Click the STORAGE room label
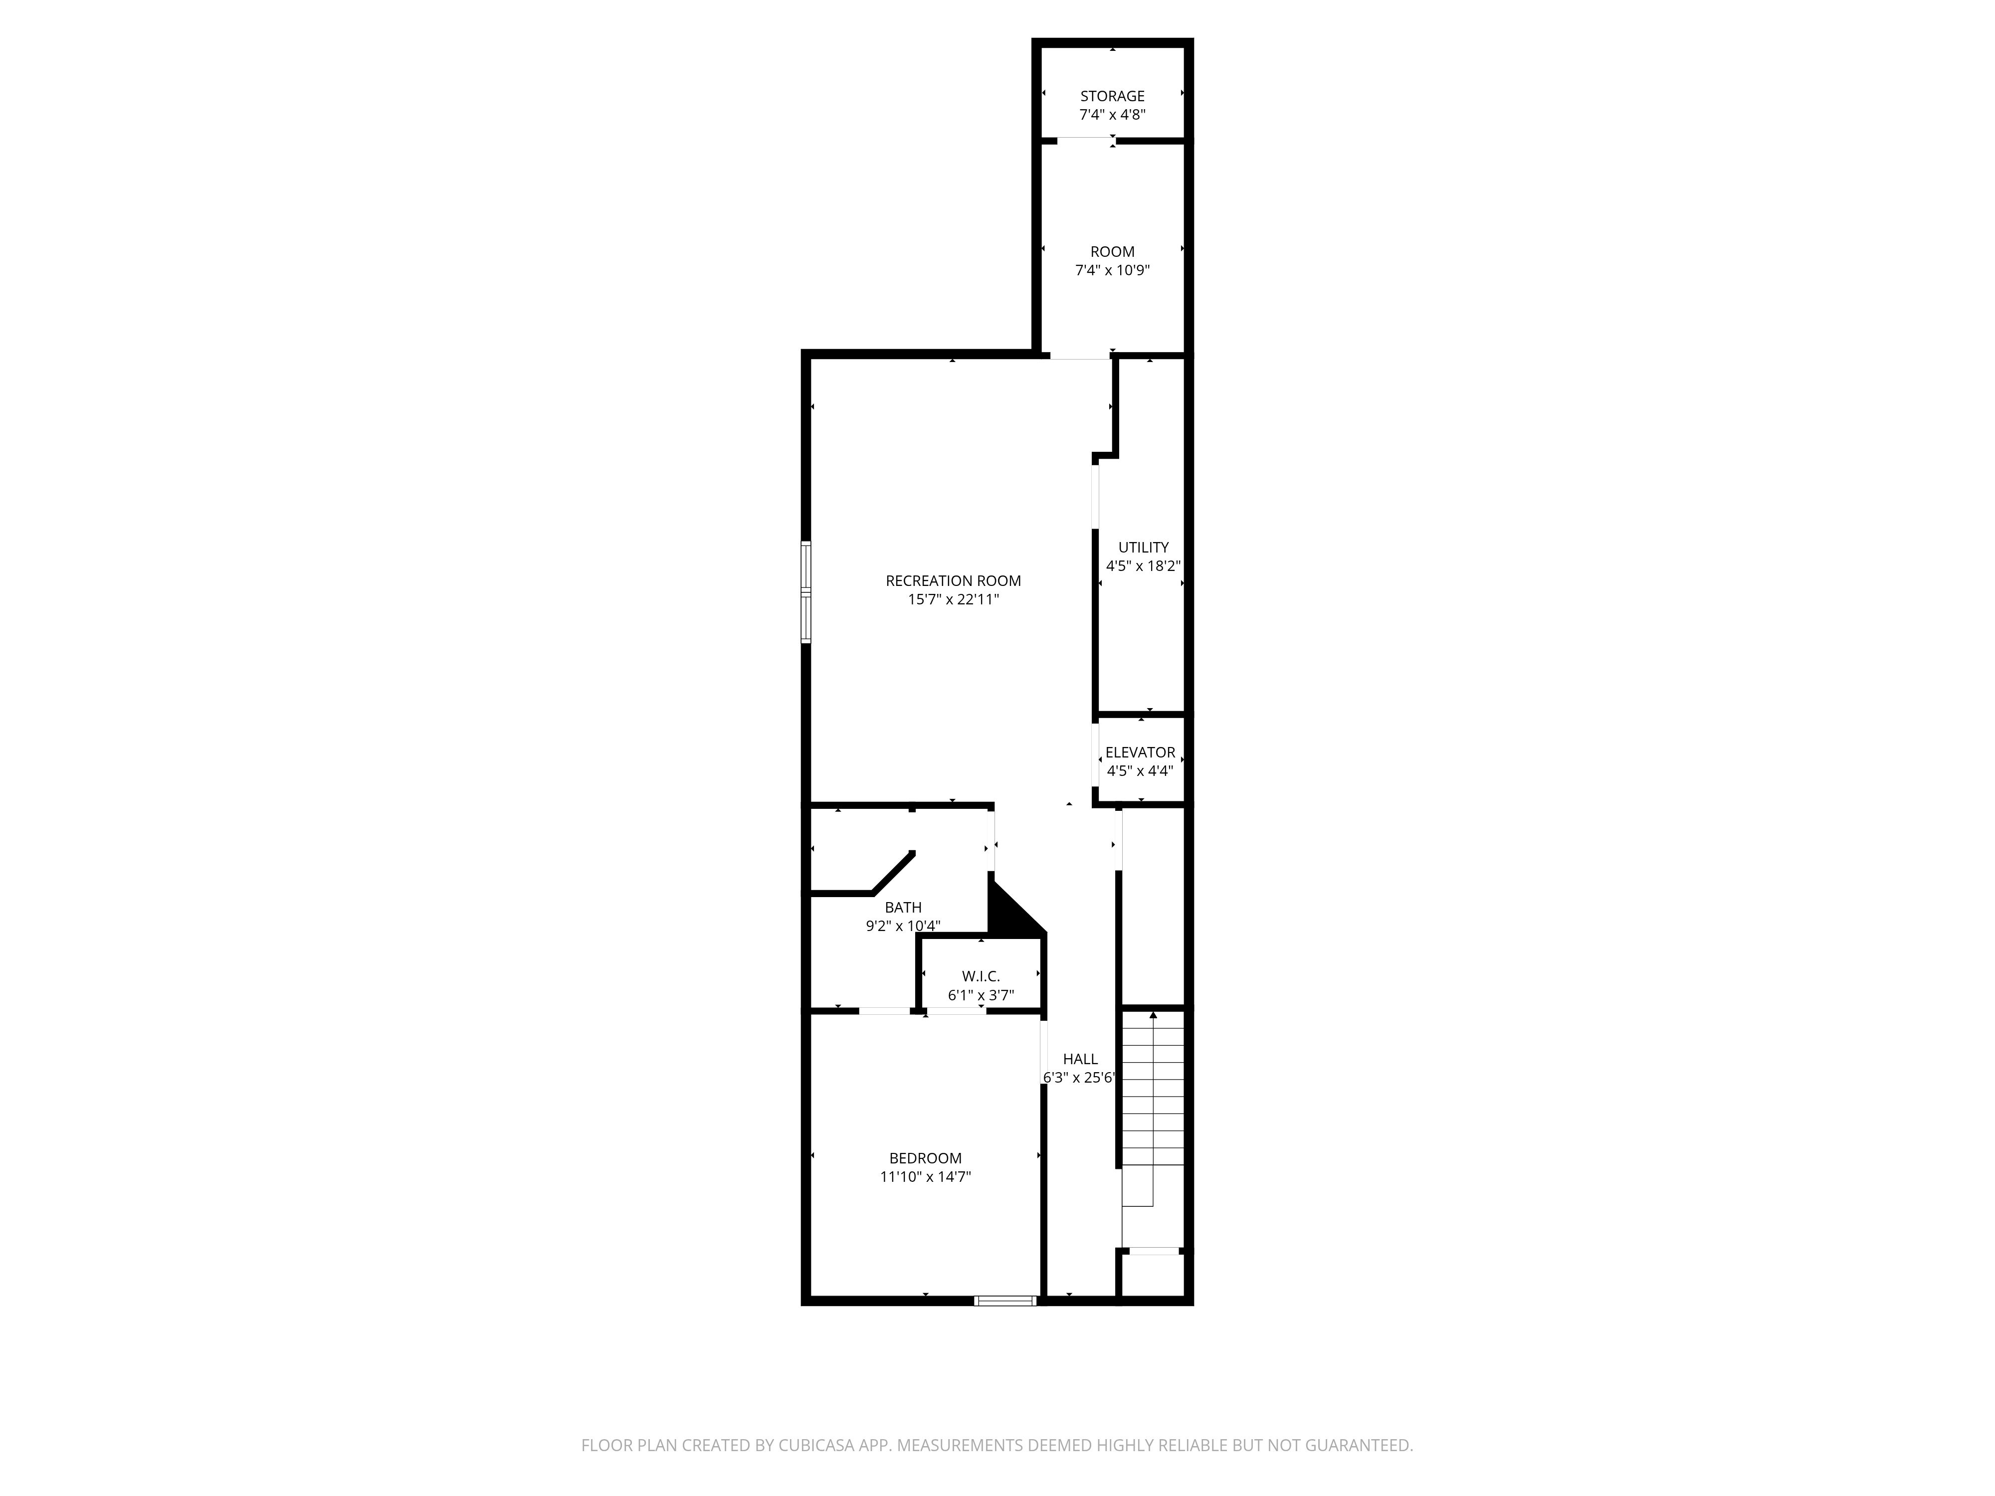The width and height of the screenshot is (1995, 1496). pos(1112,96)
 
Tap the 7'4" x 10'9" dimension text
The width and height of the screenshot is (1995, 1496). pos(1112,270)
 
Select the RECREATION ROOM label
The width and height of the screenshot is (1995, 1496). pos(953,581)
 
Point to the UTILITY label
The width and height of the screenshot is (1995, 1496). pos(1143,548)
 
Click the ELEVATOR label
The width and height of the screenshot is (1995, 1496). pos(1140,752)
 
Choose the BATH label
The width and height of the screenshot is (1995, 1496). pos(903,907)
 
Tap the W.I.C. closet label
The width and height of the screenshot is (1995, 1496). pos(981,976)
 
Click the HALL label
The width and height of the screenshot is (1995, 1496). pos(1080,1059)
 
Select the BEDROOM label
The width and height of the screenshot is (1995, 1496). pos(925,1158)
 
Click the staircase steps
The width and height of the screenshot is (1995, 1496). pos(1153,1109)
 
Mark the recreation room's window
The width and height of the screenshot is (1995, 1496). pos(806,591)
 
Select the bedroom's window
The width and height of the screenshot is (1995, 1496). pos(1005,1301)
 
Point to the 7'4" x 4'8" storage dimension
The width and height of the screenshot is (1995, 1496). pos(1112,115)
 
